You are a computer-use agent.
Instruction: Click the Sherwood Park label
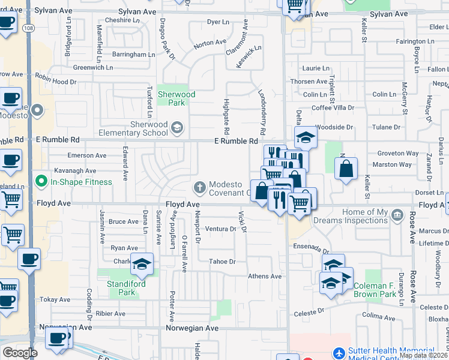(x=176, y=98)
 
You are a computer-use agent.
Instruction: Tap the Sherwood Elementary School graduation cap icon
(x=177, y=127)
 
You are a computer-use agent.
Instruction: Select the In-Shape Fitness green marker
(x=41, y=181)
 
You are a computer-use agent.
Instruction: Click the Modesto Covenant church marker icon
(x=200, y=187)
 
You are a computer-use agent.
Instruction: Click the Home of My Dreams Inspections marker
(x=396, y=215)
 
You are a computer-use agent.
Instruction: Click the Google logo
(x=20, y=353)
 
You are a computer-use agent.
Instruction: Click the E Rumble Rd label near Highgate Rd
(x=237, y=141)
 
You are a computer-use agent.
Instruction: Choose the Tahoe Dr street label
(x=222, y=262)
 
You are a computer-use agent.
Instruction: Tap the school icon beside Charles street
(x=142, y=265)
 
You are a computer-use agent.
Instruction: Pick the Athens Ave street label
(x=265, y=277)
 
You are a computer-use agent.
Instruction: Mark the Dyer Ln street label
(x=218, y=22)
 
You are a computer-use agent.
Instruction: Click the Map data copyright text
(x=424, y=355)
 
